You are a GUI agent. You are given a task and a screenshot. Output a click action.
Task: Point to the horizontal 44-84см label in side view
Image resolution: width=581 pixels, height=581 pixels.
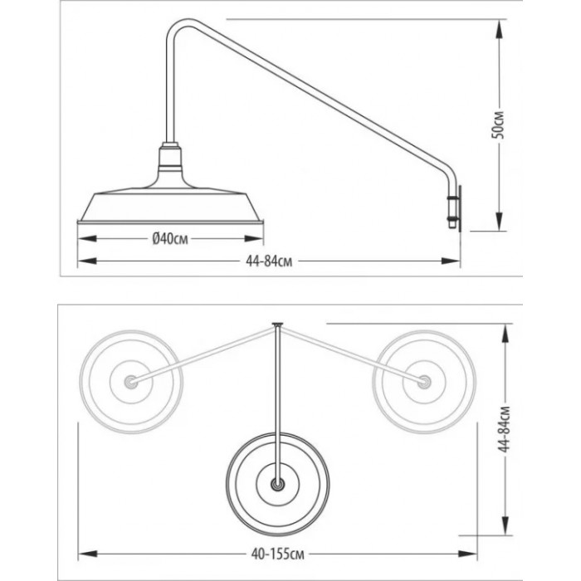click(268, 261)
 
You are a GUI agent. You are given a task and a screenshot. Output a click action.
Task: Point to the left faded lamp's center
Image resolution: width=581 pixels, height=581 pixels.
click(130, 381)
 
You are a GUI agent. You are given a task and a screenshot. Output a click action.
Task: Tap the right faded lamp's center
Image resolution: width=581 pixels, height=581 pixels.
click(425, 381)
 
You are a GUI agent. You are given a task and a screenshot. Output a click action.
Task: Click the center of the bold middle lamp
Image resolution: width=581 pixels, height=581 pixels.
click(278, 482)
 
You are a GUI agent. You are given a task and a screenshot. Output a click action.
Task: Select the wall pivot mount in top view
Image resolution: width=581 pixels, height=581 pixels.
click(278, 324)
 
